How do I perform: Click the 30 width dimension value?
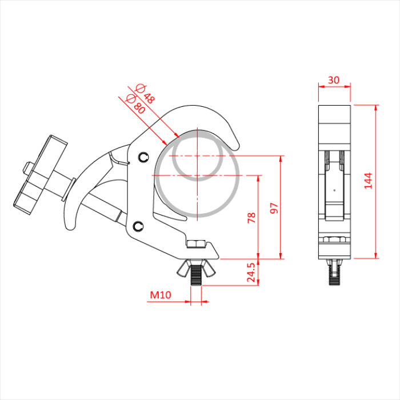[x=333, y=80]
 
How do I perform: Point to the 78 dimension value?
[x=251, y=218]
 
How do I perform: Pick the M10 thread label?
[x=161, y=295]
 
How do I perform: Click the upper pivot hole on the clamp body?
[x=142, y=155]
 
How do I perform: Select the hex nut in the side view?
[x=334, y=241]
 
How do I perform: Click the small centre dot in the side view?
[x=334, y=189]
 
